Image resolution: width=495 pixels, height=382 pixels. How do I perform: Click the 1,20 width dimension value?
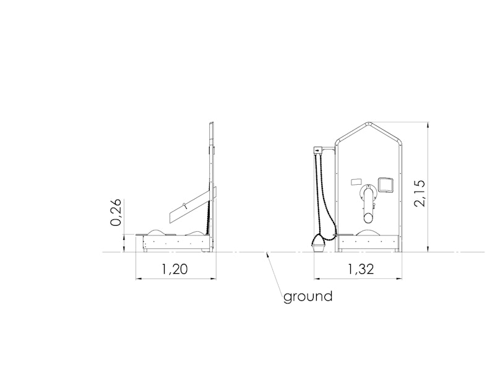click(x=174, y=269)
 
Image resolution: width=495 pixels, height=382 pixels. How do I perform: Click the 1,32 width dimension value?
click(x=361, y=269)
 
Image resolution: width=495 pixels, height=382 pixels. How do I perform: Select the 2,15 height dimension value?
click(x=421, y=193)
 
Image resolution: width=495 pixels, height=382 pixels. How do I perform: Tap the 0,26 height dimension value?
click(x=116, y=212)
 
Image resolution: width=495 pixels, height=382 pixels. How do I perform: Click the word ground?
click(x=308, y=297)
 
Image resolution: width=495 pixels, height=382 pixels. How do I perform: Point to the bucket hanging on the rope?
click(x=319, y=244)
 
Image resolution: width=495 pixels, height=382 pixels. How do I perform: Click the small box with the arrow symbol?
click(x=317, y=150)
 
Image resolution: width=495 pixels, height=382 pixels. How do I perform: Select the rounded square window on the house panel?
click(x=385, y=185)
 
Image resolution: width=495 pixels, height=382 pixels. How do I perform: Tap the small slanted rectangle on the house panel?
click(x=356, y=182)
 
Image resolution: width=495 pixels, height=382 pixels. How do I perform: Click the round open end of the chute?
click(x=368, y=217)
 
